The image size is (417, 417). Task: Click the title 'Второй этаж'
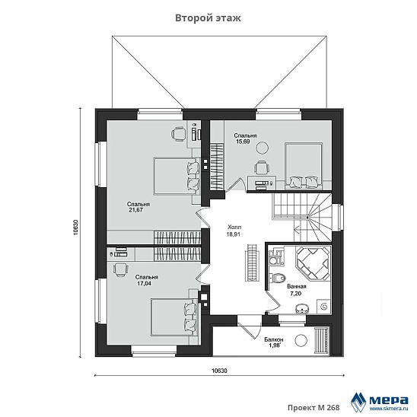208,18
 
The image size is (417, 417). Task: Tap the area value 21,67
136,210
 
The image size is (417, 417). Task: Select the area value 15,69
243,142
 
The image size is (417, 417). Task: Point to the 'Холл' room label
234,227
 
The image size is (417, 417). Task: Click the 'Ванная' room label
297,286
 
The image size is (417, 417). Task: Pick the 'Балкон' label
274,339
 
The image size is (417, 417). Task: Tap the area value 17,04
144,284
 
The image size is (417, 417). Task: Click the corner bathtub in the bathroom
313,263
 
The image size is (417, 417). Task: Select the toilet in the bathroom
278,279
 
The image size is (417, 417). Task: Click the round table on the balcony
301,340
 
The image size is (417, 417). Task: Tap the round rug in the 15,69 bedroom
262,147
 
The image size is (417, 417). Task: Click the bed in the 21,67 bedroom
177,177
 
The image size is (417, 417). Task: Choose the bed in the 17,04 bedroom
173,317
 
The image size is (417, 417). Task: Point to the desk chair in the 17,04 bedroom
120,269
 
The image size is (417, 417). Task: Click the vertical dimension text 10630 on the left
75,228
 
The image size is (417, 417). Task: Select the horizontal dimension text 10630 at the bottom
219,371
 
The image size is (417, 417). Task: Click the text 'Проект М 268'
314,407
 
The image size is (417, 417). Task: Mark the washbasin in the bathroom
302,308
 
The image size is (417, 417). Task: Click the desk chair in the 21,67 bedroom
178,133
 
